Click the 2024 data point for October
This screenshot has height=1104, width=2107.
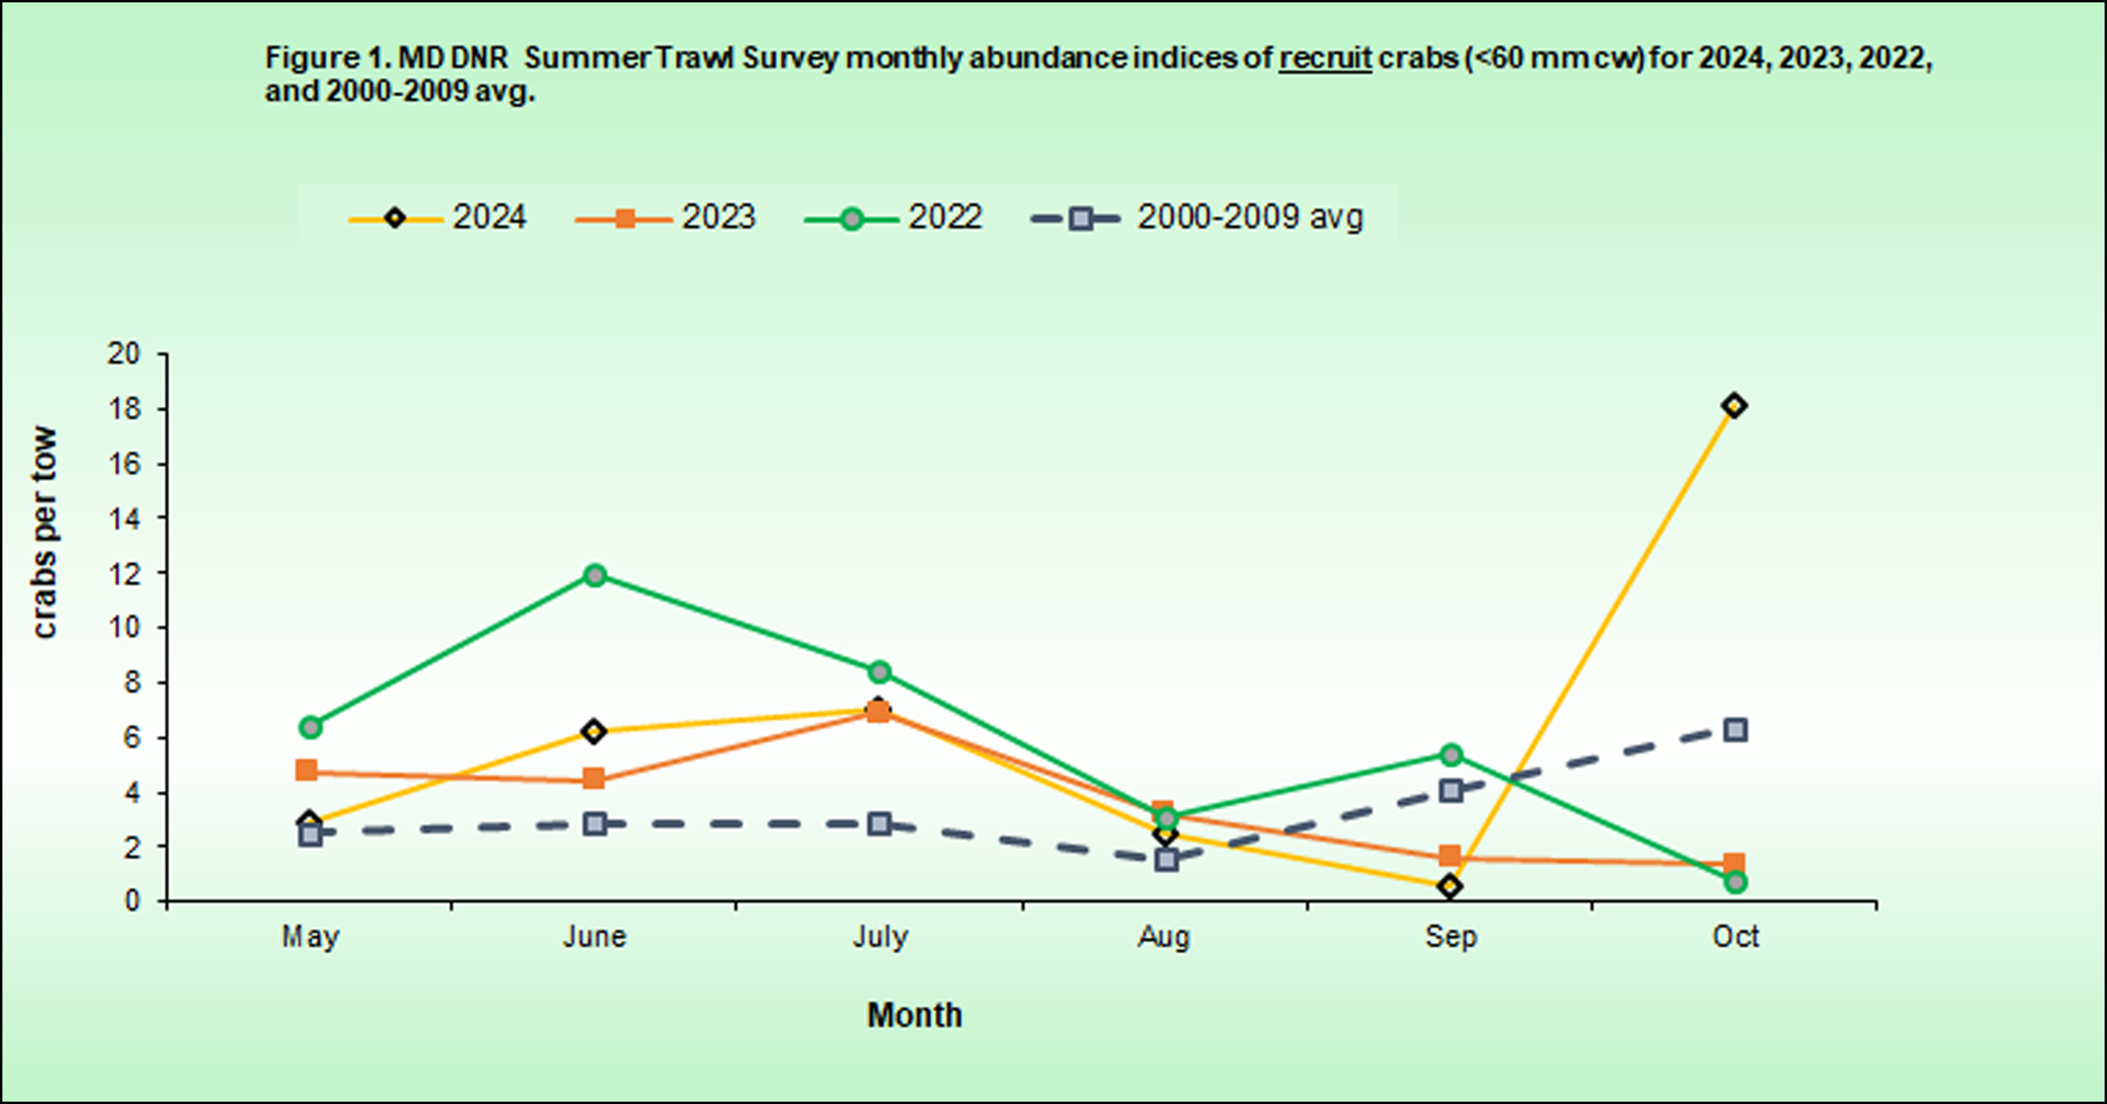click(x=1734, y=406)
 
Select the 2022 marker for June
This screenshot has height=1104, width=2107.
click(x=595, y=576)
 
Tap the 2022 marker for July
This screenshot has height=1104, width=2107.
click(x=879, y=672)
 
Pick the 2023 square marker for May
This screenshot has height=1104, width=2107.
click(x=306, y=770)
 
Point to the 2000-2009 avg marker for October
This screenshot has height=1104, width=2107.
click(x=1735, y=730)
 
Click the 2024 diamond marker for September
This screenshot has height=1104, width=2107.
click(x=1450, y=886)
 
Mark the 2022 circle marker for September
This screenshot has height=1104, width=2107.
click(x=1451, y=754)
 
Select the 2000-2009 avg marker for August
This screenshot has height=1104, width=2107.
click(x=1166, y=860)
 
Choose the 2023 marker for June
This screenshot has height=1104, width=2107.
click(x=594, y=778)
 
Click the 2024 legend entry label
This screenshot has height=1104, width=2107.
click(x=489, y=218)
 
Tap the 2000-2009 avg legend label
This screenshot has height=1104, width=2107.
click(x=1250, y=218)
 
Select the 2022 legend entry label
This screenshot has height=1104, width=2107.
click(x=945, y=218)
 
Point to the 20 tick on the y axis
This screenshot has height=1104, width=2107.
click(x=124, y=354)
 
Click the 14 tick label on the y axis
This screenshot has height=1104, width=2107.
click(x=124, y=518)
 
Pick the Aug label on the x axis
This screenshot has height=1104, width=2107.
click(x=1164, y=936)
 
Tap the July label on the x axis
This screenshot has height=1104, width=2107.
click(x=880, y=936)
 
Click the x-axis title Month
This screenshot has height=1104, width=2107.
click(x=914, y=1015)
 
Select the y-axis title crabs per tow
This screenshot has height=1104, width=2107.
click(x=44, y=532)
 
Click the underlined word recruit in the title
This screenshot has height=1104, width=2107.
click(x=1325, y=58)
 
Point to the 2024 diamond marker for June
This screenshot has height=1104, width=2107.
click(x=594, y=731)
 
